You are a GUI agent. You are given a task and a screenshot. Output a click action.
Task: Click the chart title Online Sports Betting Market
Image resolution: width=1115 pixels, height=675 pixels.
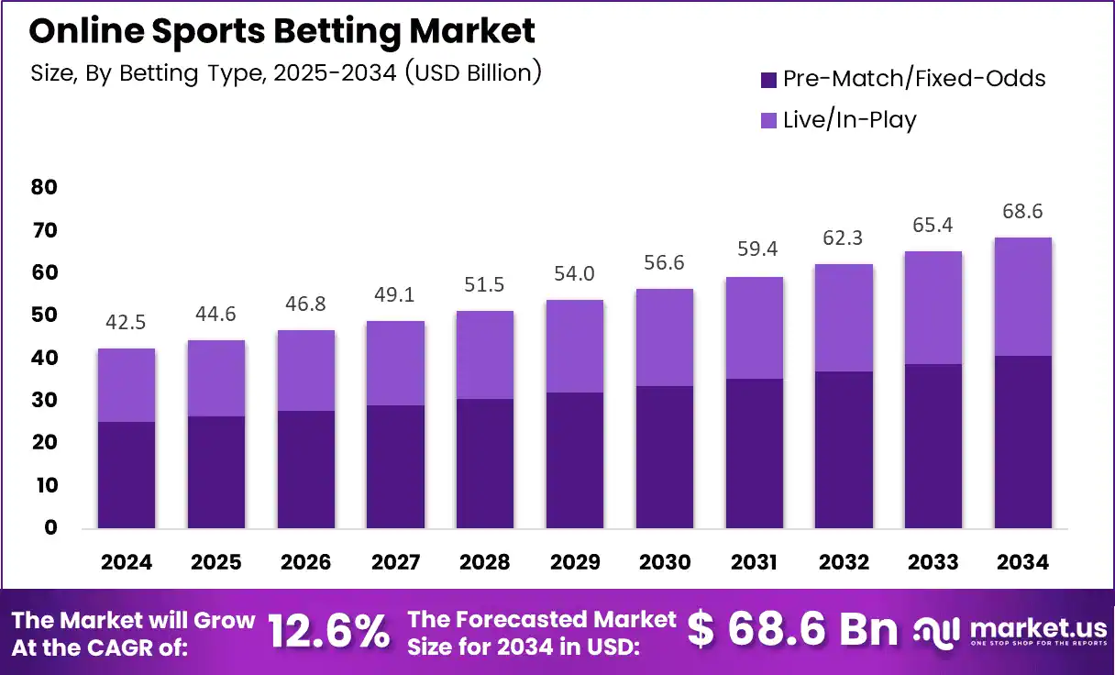tap(282, 32)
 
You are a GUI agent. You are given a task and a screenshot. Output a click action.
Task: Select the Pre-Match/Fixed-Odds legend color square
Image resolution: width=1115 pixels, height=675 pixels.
tap(768, 80)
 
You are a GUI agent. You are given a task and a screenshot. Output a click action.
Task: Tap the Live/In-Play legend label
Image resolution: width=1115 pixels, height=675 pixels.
tap(849, 120)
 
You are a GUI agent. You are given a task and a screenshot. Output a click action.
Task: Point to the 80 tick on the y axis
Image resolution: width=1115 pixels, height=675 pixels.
tap(44, 187)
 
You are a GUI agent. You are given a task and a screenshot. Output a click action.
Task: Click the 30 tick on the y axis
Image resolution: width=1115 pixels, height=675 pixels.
tap(44, 400)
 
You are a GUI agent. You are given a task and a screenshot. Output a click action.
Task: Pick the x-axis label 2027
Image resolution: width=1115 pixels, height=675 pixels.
tap(395, 562)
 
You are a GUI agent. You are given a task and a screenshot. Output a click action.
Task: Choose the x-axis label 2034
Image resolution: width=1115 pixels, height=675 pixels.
tap(1022, 562)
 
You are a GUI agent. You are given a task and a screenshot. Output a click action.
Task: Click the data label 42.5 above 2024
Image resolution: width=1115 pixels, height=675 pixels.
tap(126, 323)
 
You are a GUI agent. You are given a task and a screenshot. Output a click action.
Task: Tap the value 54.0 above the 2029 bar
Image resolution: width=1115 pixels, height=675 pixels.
tap(574, 274)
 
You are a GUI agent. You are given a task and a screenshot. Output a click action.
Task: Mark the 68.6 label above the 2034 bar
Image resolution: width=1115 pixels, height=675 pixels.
tap(1022, 212)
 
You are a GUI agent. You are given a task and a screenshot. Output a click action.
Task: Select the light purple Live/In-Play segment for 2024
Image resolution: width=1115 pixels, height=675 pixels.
tap(127, 385)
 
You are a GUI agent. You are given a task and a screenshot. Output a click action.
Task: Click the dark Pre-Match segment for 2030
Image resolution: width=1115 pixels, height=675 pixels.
tap(665, 457)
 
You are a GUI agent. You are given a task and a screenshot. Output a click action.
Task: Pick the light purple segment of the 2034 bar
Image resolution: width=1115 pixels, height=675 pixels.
tap(1023, 296)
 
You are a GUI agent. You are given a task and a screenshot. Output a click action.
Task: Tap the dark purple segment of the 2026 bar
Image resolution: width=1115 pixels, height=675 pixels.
tap(306, 470)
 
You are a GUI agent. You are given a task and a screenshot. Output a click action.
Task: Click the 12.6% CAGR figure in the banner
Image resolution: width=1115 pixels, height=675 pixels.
tap(328, 631)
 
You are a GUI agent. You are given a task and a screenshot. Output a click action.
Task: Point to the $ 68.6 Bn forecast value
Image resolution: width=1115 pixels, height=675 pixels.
tap(792, 629)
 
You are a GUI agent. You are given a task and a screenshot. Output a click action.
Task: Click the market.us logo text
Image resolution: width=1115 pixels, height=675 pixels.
tap(1038, 629)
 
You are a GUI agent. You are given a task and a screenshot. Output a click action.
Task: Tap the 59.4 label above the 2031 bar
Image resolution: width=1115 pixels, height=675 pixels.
tap(757, 249)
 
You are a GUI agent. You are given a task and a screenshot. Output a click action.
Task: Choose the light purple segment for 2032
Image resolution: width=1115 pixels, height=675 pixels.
tap(844, 317)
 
